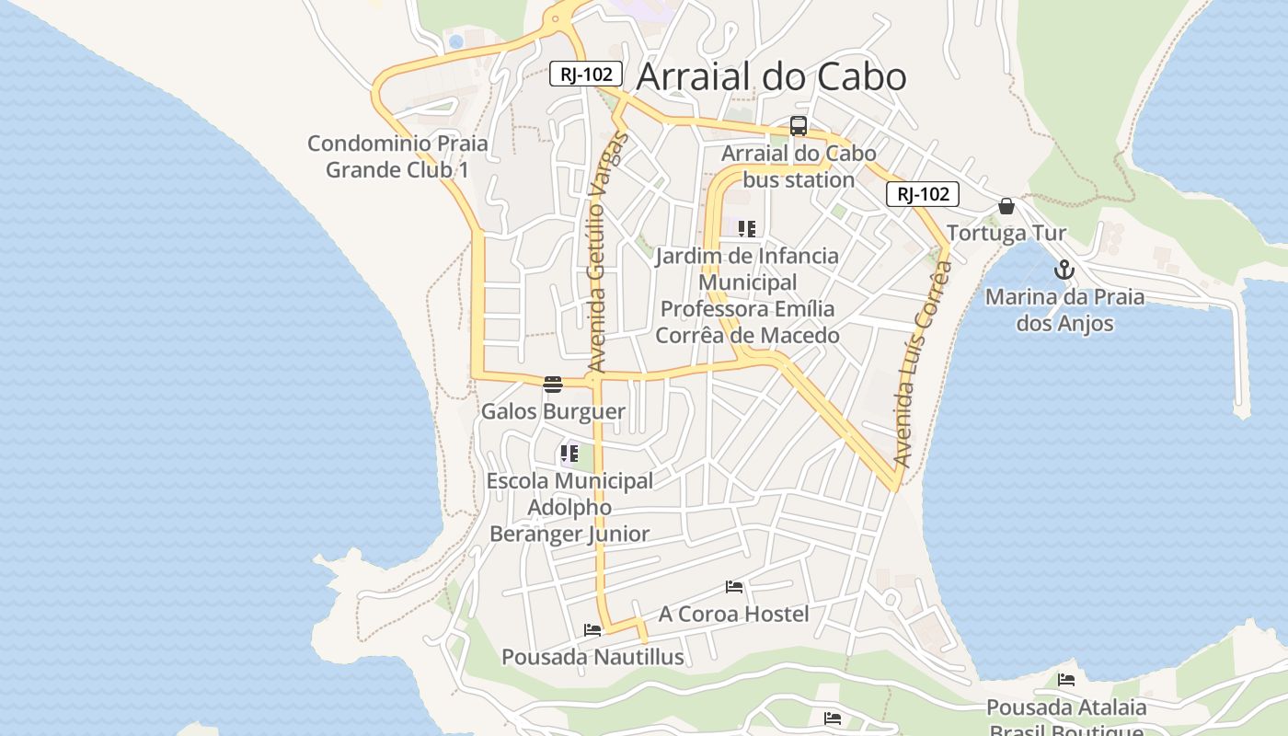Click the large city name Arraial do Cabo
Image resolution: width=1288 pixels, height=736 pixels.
(x=771, y=77)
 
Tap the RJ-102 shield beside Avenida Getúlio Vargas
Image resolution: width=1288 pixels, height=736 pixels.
(x=586, y=74)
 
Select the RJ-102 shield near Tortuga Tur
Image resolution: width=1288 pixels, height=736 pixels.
(x=923, y=194)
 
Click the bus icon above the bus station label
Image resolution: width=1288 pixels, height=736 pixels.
(x=799, y=126)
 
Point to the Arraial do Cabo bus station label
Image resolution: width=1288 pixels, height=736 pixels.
(x=799, y=167)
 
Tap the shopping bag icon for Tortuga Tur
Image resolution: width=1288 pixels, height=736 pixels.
(x=1006, y=206)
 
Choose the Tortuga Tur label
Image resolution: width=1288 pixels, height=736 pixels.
(x=1006, y=233)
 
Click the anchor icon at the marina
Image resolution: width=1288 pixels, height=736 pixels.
(x=1064, y=270)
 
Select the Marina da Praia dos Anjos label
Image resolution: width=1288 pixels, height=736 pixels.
(x=1064, y=310)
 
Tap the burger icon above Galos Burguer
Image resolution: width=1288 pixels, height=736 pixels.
(x=553, y=384)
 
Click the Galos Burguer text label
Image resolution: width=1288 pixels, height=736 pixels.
(x=553, y=411)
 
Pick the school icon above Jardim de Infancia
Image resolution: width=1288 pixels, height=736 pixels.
(x=747, y=229)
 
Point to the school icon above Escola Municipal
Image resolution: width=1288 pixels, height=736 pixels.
(x=569, y=453)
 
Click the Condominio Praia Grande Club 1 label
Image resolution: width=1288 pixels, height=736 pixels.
(x=397, y=156)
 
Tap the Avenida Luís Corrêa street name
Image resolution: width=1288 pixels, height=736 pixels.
(x=922, y=365)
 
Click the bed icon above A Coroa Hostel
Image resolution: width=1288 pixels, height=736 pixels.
(x=734, y=586)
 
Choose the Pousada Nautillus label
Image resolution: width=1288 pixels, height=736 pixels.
(x=592, y=657)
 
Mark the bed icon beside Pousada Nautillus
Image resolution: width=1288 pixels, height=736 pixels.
(x=592, y=630)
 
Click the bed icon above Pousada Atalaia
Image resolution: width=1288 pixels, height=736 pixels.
(x=1066, y=680)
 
